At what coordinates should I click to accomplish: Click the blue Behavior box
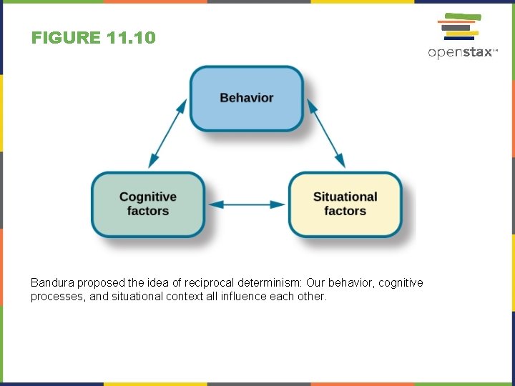247,98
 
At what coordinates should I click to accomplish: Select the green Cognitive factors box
148,204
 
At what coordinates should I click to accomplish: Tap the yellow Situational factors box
345,204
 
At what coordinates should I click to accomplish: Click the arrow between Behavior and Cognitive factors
167,134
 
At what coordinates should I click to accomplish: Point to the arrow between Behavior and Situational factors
326,134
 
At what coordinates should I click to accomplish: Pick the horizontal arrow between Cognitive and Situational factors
247,204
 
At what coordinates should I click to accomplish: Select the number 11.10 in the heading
129,37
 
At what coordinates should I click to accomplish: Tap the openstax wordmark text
462,52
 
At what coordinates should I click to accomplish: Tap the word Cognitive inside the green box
148,197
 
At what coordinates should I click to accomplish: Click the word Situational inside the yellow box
345,197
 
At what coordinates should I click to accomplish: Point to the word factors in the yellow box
345,211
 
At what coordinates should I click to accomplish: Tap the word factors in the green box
148,211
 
